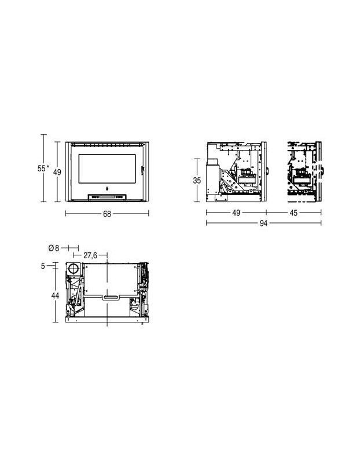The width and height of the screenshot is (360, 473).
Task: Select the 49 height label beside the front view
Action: (x=57, y=171)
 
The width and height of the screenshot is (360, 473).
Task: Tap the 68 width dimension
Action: (x=107, y=214)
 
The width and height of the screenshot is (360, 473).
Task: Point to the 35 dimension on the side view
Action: (x=197, y=180)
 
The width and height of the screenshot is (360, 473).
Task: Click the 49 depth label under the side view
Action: (x=236, y=213)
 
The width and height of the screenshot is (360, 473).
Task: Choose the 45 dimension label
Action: (x=293, y=213)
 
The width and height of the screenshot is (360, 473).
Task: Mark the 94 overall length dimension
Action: (x=263, y=224)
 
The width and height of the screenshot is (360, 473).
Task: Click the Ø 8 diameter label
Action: (x=53, y=248)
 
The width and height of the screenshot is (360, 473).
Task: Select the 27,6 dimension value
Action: (x=90, y=255)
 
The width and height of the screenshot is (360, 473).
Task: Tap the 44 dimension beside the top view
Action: (x=55, y=295)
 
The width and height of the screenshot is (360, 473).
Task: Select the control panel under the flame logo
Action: (x=107, y=196)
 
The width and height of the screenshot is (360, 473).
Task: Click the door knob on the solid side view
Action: (x=268, y=171)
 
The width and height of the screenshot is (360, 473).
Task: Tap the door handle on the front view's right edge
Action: (x=141, y=168)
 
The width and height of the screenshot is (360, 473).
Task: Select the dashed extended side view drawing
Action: (x=304, y=171)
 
